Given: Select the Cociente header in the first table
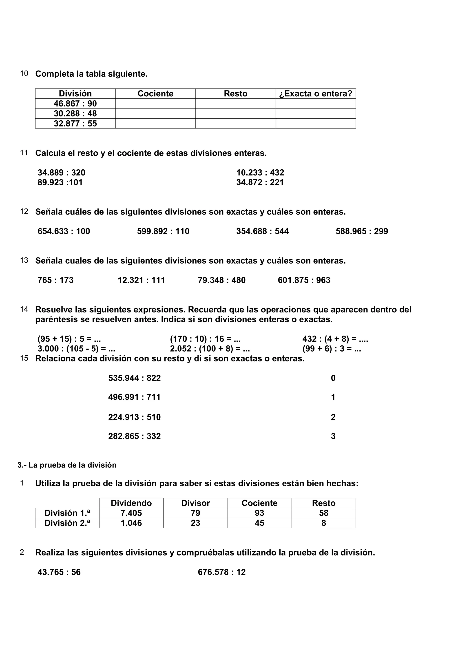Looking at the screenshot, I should [155, 94].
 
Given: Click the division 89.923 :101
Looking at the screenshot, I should [60, 182].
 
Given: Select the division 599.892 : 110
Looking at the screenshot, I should [163, 231].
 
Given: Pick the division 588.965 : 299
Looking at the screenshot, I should [362, 231].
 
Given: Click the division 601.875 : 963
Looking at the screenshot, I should [304, 280].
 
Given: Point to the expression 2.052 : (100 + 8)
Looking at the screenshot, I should [210, 348].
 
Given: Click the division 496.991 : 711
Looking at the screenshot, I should [134, 397].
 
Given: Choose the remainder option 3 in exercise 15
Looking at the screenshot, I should [333, 436].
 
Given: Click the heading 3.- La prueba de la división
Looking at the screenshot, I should [67, 465].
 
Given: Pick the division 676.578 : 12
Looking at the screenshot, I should [221, 572].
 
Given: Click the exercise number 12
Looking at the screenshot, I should [24, 212].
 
